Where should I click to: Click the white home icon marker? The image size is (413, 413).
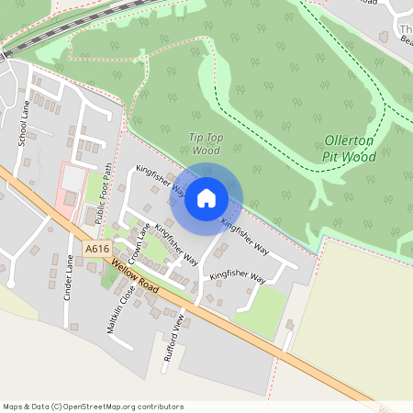point(206,197)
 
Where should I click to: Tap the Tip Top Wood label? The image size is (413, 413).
point(206,143)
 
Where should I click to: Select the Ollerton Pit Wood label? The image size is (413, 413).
point(350,149)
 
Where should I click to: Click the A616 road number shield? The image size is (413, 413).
point(95,249)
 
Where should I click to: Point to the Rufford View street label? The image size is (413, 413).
point(173,340)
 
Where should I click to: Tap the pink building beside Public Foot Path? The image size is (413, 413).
point(71,184)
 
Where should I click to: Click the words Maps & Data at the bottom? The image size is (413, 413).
point(26,407)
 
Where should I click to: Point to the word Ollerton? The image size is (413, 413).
point(350,141)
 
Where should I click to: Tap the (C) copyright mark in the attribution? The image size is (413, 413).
point(57,407)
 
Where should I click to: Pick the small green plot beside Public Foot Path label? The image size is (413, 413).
point(94,188)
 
